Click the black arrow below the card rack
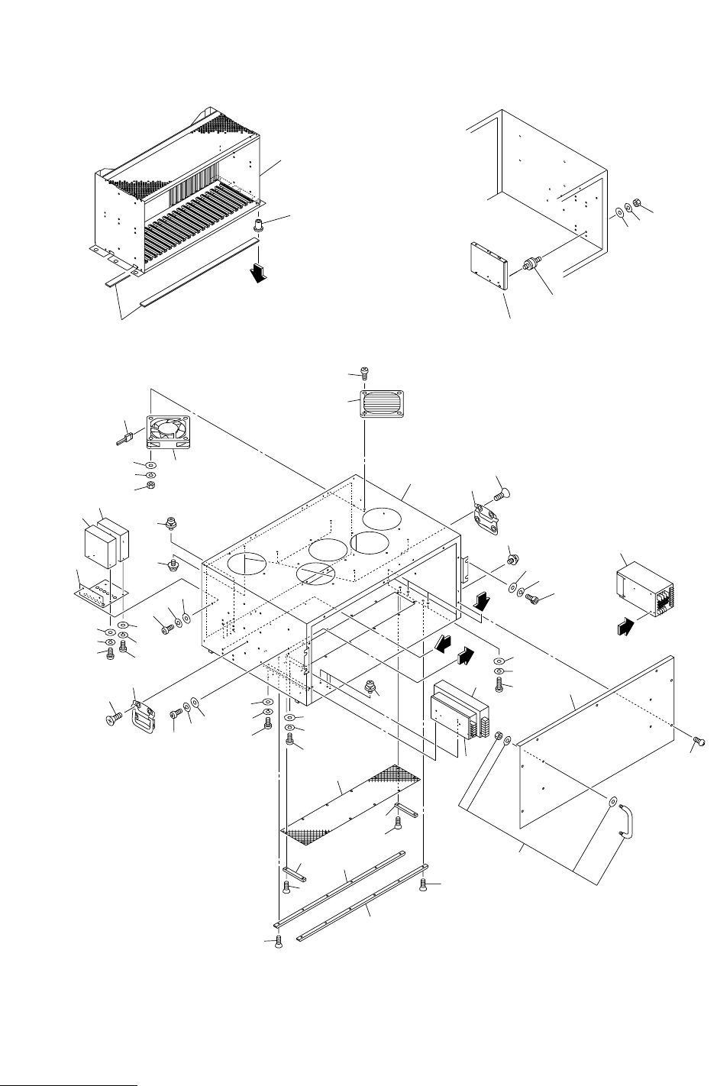pos(261,271)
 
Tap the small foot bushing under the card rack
pos(260,226)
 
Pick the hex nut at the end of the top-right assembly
pos(639,205)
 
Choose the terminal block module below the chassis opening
pos(458,710)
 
